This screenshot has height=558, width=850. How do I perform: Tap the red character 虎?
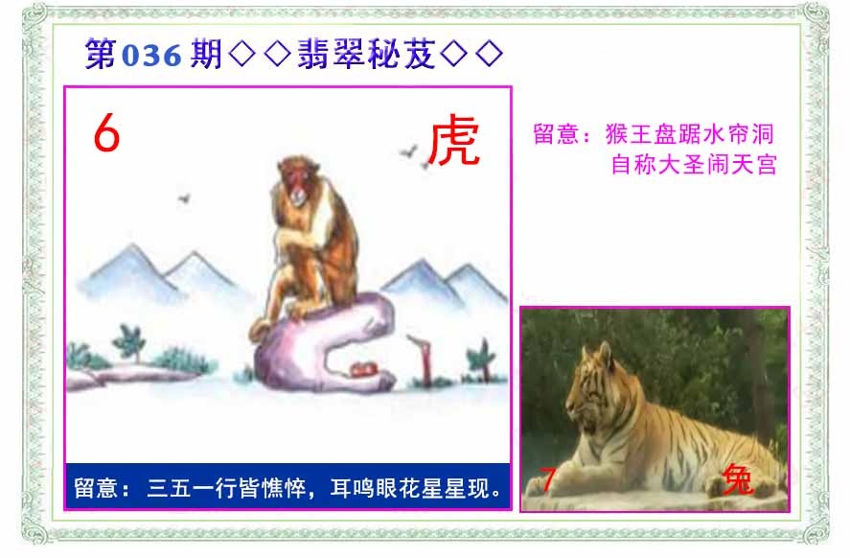coord(452,142)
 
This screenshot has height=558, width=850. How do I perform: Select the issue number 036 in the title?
coord(151,56)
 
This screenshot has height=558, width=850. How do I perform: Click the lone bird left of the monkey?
coord(183,198)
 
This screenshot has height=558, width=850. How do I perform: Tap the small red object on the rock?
coord(361,369)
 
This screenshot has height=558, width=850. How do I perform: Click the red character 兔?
coord(739,478)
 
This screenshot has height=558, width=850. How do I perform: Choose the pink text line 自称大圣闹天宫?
coord(694,164)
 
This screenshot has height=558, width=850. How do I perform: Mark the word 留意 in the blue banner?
coord(96,490)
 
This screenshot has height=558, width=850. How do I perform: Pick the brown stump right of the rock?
coord(419,358)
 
